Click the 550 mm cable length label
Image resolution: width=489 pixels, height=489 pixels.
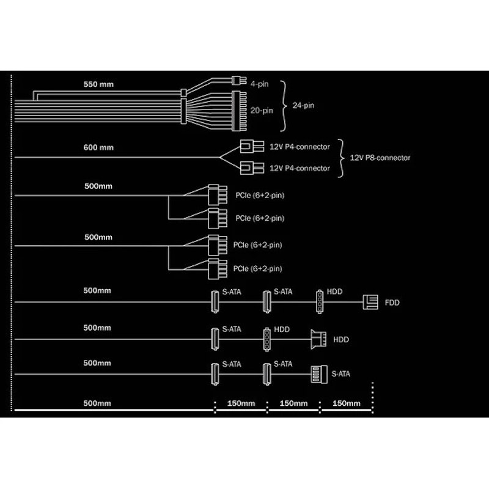tap(98, 84)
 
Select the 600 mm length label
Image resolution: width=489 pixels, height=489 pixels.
tap(98, 147)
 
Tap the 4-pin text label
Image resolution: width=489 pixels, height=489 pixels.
tap(259, 84)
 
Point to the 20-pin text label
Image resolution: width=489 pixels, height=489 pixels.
tap(262, 111)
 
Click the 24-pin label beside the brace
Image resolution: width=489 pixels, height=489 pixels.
tap(303, 105)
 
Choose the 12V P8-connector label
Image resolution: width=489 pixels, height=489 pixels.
tap(380, 158)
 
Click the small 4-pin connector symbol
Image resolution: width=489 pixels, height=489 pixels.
tap(239, 80)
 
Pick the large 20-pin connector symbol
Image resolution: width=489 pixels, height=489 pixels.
tap(239, 111)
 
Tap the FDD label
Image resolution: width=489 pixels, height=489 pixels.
tap(392, 303)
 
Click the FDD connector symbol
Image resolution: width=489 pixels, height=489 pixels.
tap(370, 302)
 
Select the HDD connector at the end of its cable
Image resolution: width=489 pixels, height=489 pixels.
tap(318, 339)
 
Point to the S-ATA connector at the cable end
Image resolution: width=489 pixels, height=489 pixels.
tap(319, 374)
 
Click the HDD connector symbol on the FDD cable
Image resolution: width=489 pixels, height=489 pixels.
tap(320, 301)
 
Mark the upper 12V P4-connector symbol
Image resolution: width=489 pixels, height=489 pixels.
tap(252, 146)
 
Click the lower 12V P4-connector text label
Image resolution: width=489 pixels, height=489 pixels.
tap(300, 169)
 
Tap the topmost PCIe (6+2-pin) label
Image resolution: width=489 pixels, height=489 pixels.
tap(260, 195)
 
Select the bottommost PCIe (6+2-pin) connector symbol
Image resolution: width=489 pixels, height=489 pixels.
tap(218, 269)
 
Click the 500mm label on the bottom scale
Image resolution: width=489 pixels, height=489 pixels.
tap(97, 403)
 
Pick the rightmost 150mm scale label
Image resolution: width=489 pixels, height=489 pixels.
tap(346, 403)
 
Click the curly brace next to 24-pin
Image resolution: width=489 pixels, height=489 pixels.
tap(284, 106)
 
